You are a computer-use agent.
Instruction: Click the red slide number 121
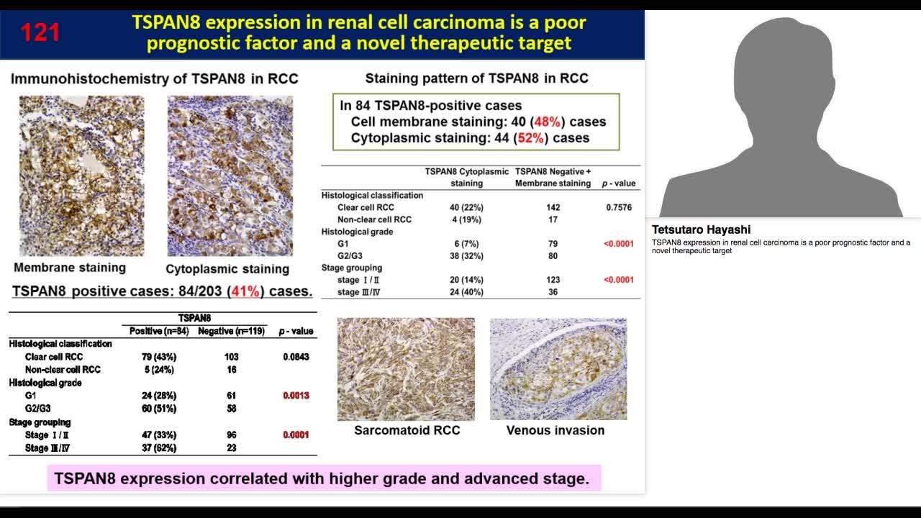(x=40, y=32)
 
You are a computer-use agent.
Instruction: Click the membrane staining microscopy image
(x=81, y=176)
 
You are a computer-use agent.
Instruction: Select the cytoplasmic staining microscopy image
(x=230, y=176)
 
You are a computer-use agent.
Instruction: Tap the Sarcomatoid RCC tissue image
(x=406, y=369)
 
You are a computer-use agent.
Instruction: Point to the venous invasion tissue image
(x=558, y=369)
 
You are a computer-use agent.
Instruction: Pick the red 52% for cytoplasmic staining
(x=530, y=137)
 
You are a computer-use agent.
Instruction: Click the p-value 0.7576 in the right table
(x=619, y=207)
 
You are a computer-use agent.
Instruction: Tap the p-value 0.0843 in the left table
(x=296, y=357)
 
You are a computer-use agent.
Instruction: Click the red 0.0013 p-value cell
(x=296, y=396)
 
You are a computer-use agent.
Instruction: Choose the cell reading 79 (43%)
(x=159, y=357)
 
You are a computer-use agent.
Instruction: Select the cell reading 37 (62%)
(x=159, y=448)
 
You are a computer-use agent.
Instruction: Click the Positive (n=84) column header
(x=159, y=331)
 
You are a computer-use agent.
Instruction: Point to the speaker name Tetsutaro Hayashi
(x=701, y=230)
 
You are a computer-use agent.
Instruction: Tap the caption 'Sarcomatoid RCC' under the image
(x=407, y=430)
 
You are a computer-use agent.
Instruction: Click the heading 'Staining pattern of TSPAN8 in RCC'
(x=476, y=78)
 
